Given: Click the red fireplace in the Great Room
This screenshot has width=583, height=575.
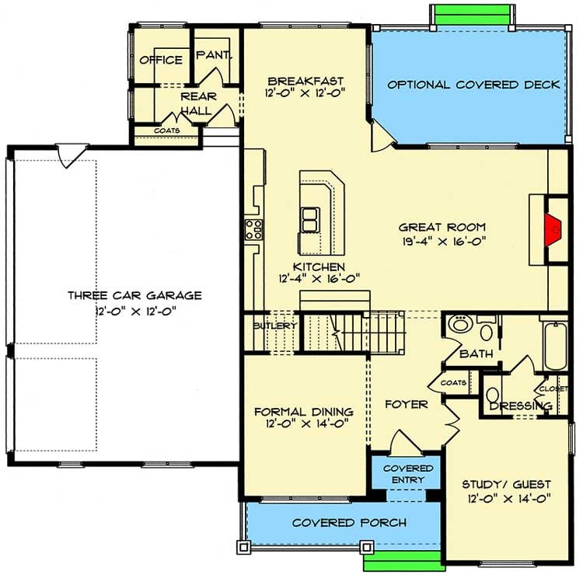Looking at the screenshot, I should (553, 229).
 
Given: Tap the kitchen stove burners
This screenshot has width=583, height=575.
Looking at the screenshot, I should (253, 229).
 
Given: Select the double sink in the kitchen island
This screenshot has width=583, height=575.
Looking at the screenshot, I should (309, 220).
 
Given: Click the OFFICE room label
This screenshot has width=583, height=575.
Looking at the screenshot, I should (160, 60).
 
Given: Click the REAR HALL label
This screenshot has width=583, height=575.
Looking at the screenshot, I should (199, 103).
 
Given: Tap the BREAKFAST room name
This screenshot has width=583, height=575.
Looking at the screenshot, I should (305, 81).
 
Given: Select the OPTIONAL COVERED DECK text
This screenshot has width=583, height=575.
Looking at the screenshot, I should (473, 85).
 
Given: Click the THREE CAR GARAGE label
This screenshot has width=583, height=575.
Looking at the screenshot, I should (134, 295).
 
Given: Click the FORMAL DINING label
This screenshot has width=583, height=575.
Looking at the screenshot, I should (304, 412).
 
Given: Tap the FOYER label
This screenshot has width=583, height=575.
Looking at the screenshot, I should (407, 404).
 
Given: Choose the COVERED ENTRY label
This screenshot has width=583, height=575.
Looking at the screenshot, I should (407, 474).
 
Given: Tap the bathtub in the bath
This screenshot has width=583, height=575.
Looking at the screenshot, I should (555, 346).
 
